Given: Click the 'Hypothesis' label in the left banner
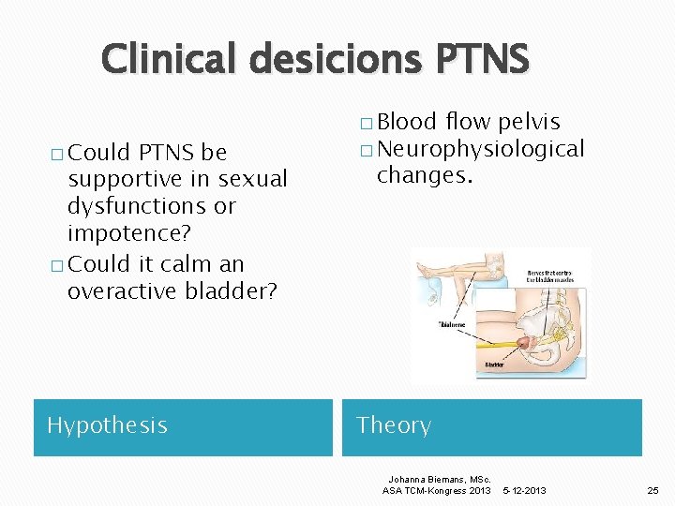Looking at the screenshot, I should click(107, 425).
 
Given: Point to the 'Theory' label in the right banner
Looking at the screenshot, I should click(394, 425).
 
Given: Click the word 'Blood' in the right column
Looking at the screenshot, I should click(407, 122).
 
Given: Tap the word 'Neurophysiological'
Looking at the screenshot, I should click(481, 149).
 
